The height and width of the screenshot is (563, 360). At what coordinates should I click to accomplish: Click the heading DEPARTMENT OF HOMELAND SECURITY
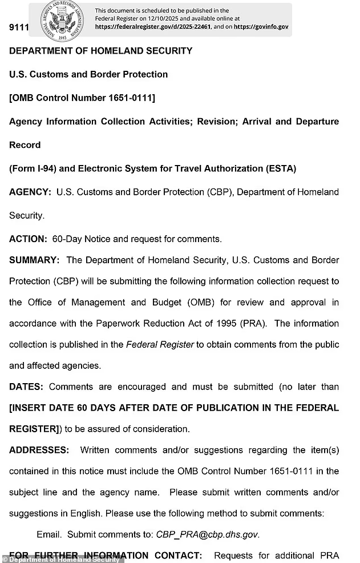[100, 51]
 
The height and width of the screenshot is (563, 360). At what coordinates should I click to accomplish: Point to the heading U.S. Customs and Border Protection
[88, 74]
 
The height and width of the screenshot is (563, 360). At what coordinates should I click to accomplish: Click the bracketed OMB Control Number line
[82, 98]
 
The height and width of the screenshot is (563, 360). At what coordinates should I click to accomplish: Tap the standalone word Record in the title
[25, 144]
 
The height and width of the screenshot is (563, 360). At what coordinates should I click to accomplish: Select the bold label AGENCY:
[30, 192]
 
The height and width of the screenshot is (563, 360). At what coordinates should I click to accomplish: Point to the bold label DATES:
[26, 387]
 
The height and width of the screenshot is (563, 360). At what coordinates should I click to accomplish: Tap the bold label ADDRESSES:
[39, 450]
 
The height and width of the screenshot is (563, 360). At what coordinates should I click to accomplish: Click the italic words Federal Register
[160, 344]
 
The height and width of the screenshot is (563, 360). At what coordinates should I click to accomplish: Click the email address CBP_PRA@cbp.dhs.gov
[207, 534]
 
